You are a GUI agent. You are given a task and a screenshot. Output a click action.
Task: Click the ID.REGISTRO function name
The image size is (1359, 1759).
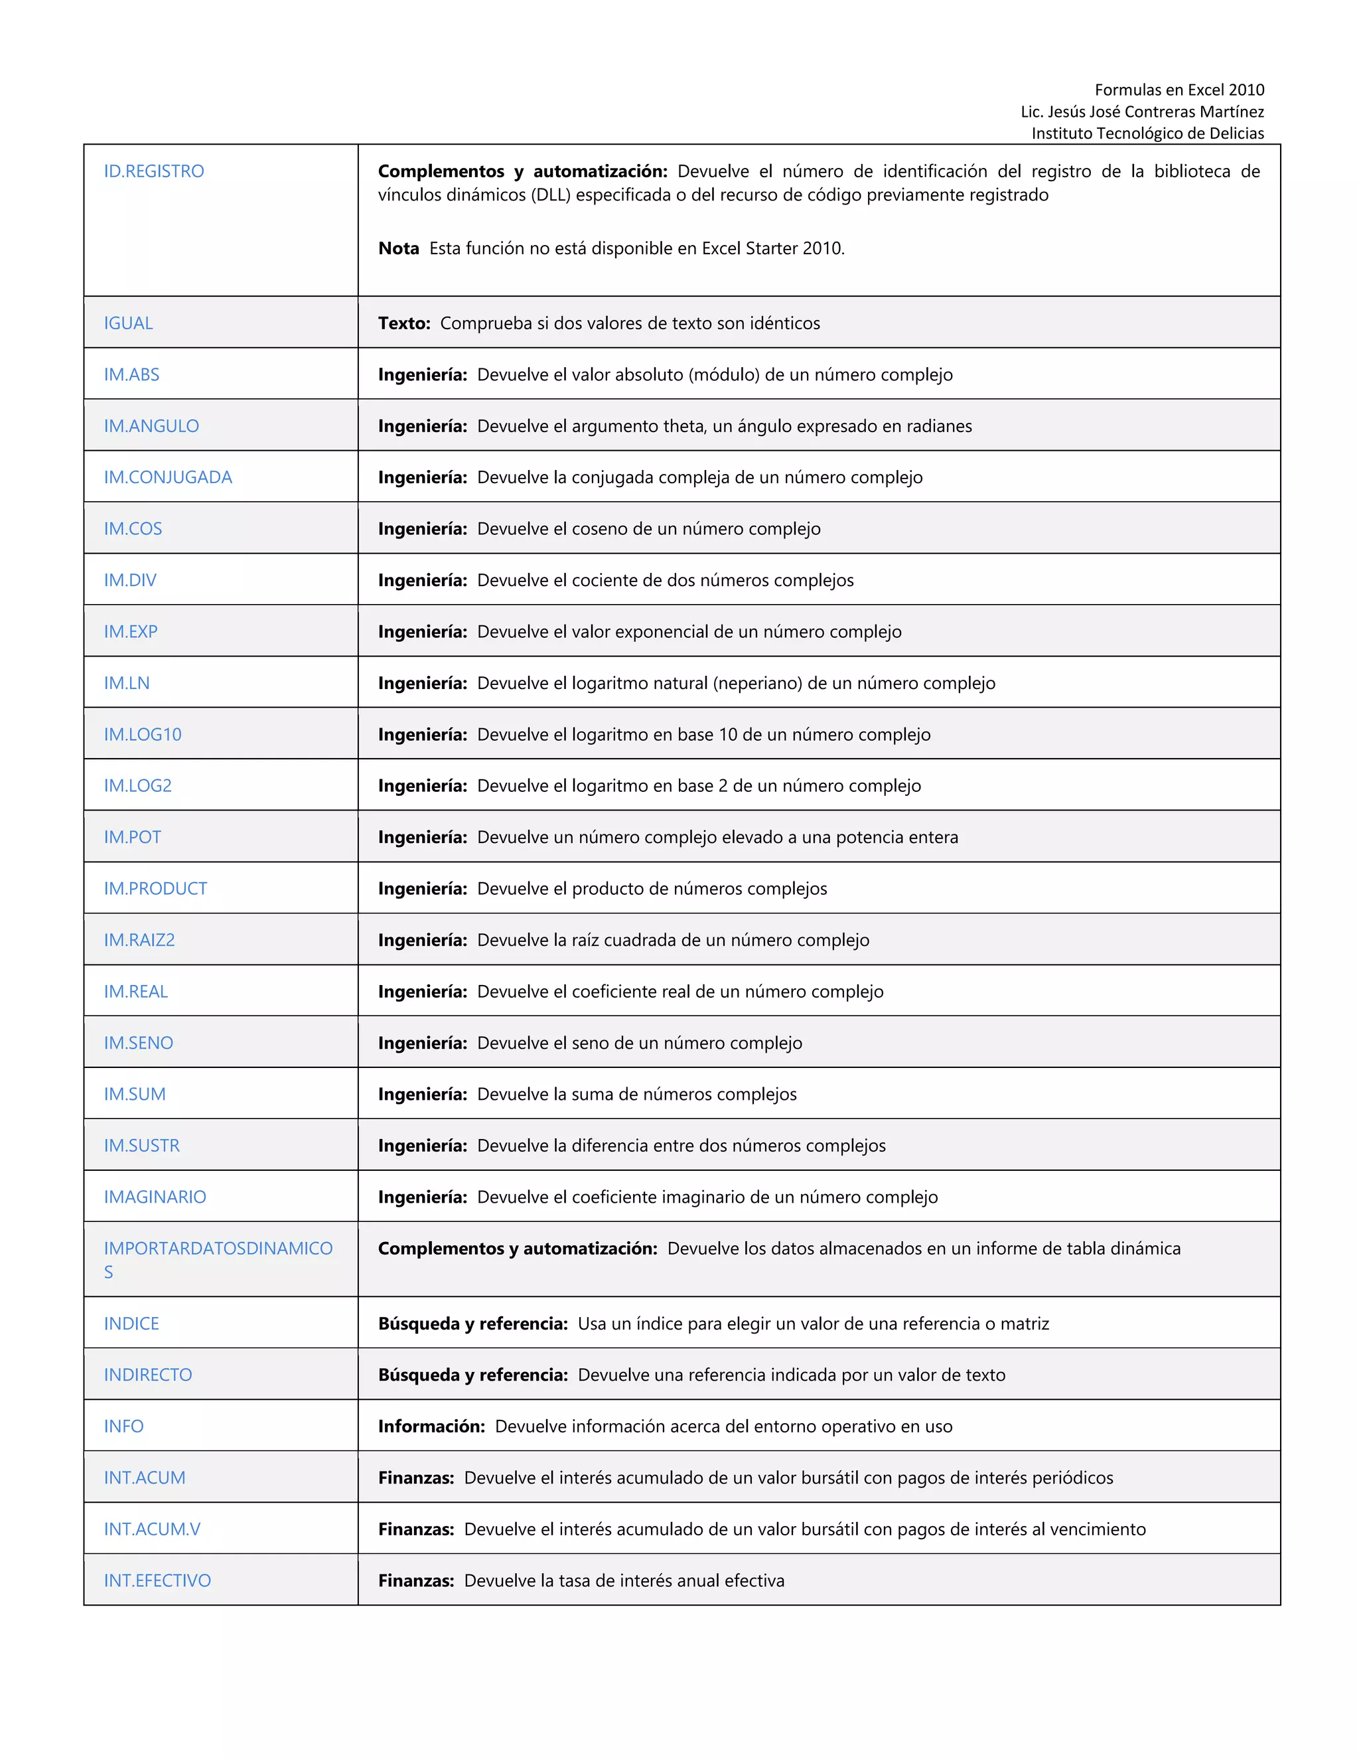[154, 171]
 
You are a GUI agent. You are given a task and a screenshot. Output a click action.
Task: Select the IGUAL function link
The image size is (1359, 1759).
[128, 323]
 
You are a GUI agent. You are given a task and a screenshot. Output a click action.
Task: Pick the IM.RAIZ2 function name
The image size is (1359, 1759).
[139, 940]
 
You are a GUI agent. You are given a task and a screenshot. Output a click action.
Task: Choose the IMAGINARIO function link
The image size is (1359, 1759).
[155, 1197]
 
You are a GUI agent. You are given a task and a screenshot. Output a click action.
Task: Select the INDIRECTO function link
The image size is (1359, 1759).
[147, 1375]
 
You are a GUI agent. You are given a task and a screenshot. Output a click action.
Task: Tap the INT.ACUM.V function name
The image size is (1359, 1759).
[152, 1529]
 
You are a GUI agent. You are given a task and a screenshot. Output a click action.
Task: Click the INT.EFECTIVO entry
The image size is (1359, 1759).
[157, 1580]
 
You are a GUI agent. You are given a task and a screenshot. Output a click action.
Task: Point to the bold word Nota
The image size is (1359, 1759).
[399, 248]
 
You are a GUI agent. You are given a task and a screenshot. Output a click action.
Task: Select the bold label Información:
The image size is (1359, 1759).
[431, 1426]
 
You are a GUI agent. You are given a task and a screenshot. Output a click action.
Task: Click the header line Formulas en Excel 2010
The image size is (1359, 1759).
[1179, 90]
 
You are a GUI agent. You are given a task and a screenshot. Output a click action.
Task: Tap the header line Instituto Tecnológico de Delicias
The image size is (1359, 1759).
[1147, 133]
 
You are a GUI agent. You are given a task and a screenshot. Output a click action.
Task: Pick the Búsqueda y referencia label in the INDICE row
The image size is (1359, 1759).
[472, 1324]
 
